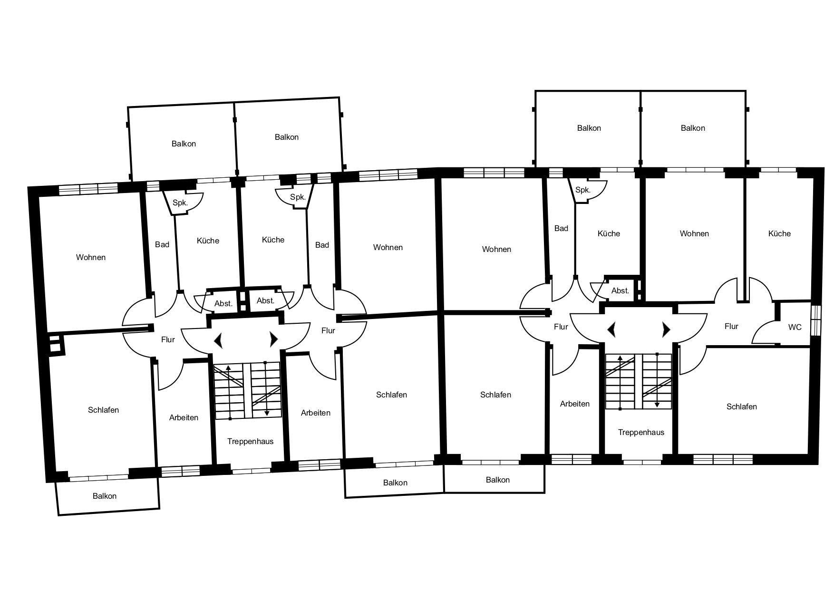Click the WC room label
[x=795, y=327]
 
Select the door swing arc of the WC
[x=761, y=328]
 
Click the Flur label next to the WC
[x=731, y=326]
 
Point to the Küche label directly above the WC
[x=779, y=233]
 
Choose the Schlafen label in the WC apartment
[x=742, y=406]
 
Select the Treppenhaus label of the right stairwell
[x=641, y=432]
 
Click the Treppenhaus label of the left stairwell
[x=250, y=441]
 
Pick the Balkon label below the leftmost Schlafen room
[x=105, y=496]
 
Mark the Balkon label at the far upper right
[x=693, y=128]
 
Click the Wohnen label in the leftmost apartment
[x=91, y=257]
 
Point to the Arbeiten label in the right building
[x=575, y=404]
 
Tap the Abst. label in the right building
[x=620, y=290]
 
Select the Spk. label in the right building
[x=582, y=190]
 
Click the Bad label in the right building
[x=561, y=228]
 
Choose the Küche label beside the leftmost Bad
[x=208, y=241]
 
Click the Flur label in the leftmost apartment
[x=168, y=339]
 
